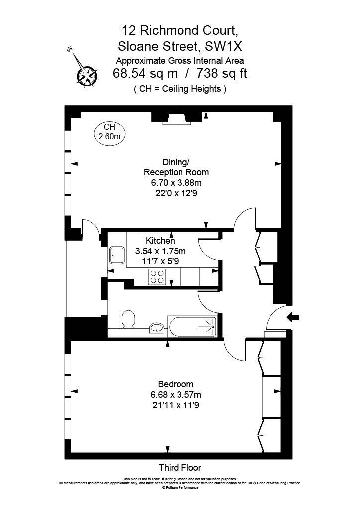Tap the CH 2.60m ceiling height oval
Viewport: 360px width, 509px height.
[110, 132]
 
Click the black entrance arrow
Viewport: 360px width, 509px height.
[293, 318]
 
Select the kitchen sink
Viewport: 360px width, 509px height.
[117, 255]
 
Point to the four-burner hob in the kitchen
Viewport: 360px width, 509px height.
[157, 277]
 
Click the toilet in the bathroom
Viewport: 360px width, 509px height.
[128, 319]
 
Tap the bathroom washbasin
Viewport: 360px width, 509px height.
[157, 328]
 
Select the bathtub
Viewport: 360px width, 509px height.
[192, 326]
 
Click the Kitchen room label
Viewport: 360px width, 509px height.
[160, 241]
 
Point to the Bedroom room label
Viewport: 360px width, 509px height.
[176, 384]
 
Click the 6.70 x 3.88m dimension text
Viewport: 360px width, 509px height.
[176, 183]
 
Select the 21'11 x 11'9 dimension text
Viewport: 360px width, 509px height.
[176, 405]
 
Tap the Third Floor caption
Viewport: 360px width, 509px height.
[180, 467]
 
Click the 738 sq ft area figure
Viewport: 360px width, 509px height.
[222, 73]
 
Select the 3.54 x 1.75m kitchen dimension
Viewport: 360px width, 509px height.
[161, 251]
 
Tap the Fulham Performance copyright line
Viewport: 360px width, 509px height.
[180, 487]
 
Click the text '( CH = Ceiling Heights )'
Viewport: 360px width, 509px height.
[180, 89]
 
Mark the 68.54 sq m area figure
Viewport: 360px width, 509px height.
[145, 73]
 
